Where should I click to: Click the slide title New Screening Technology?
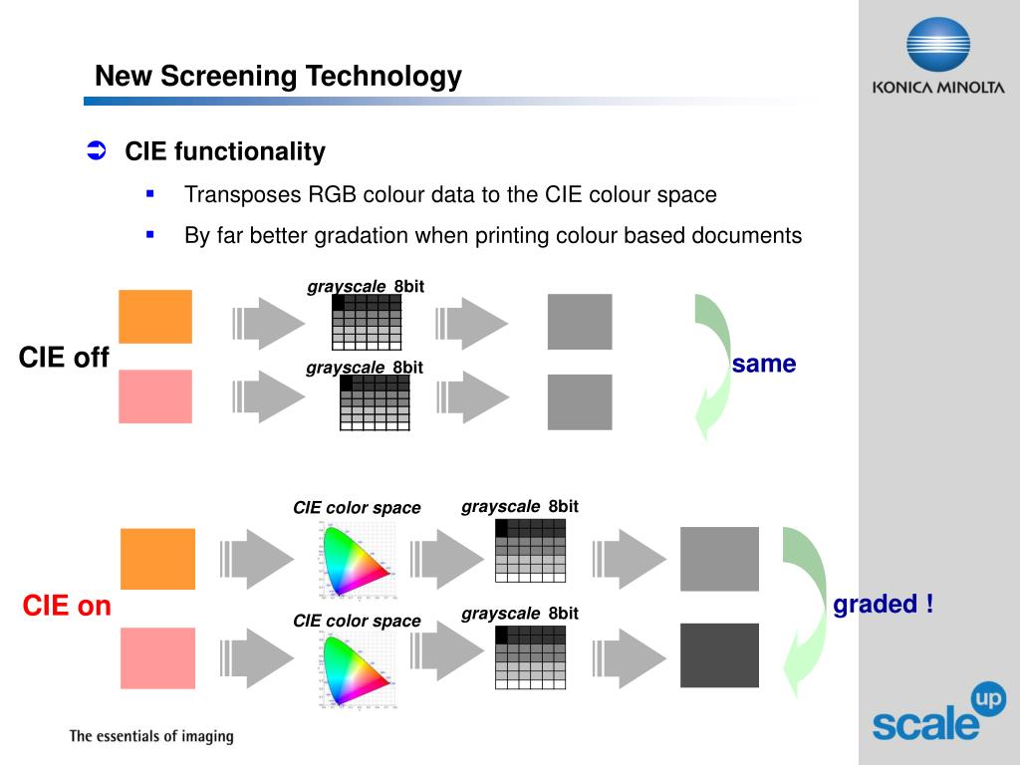278,76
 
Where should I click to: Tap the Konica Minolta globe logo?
937,46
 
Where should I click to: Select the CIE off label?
64,358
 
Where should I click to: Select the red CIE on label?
67,606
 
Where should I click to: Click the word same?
764,365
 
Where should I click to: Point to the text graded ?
884,605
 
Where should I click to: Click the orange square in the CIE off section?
155,316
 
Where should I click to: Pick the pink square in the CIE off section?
155,396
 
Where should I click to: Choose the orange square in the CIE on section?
157,559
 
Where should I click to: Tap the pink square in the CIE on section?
157,658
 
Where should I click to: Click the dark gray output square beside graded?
719,655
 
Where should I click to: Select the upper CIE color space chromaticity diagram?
356,559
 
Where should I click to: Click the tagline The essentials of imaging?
150,737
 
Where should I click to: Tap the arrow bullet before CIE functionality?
97,151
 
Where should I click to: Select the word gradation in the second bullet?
362,236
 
